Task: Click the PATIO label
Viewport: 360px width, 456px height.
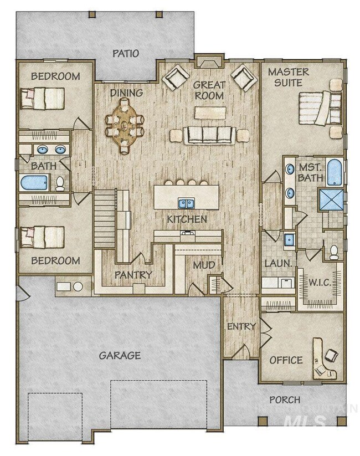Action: pos(126,53)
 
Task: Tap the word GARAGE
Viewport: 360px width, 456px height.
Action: pos(120,355)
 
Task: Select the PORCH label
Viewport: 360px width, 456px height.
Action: pos(285,399)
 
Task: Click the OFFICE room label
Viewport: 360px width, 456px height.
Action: pos(286,360)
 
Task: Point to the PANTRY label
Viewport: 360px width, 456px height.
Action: pos(133,274)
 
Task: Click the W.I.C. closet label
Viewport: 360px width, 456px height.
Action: pos(320,283)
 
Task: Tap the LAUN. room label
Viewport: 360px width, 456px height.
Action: pos(278,264)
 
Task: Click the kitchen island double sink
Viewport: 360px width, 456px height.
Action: pos(187,203)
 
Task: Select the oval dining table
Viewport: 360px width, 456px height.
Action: pos(125,126)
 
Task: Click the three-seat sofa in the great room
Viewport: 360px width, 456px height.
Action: pos(209,135)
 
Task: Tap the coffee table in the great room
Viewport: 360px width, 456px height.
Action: pos(210,113)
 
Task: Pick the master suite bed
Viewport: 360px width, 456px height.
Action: pos(320,108)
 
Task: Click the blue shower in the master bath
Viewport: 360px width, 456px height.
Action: pos(331,200)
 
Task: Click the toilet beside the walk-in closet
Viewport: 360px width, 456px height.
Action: pos(333,252)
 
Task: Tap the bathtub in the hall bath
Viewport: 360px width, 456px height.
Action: pos(34,182)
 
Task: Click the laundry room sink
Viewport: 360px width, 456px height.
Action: pos(289,240)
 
